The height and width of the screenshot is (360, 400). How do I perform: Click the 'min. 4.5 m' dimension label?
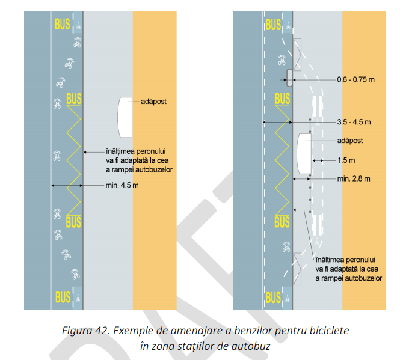click(x=122, y=185)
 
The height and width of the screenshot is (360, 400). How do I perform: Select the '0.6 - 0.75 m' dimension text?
click(x=356, y=79)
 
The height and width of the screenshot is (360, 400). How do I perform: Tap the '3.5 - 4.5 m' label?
click(x=354, y=122)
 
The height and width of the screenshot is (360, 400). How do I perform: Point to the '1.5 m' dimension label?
click(x=346, y=160)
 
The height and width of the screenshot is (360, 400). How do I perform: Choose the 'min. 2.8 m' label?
click(x=354, y=178)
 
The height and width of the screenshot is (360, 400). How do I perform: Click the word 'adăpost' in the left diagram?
click(x=153, y=102)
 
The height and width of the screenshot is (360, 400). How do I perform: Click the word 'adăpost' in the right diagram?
click(x=350, y=141)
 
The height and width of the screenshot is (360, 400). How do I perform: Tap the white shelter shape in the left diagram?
click(x=125, y=117)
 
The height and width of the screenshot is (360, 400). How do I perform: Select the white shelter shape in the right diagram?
click(x=304, y=154)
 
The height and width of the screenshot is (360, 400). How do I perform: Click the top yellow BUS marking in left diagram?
click(x=62, y=24)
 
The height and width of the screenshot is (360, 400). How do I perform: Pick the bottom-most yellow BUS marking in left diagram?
click(x=63, y=297)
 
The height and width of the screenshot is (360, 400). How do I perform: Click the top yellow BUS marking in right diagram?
click(x=273, y=25)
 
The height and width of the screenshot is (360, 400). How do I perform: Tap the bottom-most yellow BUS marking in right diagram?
click(x=273, y=297)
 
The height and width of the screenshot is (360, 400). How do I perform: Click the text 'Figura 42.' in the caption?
click(x=85, y=331)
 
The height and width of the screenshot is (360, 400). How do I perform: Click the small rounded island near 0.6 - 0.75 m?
click(x=289, y=78)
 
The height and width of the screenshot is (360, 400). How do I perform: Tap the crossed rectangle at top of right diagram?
click(x=297, y=55)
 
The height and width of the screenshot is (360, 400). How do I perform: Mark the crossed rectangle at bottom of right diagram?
click(x=297, y=269)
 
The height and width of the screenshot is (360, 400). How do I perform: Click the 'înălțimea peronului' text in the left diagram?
click(x=136, y=151)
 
